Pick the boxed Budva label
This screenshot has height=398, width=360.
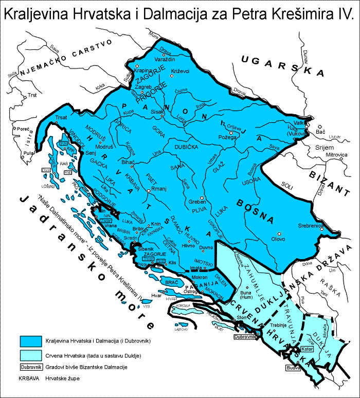(x=293, y=368)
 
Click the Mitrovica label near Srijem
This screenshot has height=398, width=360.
(x=325, y=154)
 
